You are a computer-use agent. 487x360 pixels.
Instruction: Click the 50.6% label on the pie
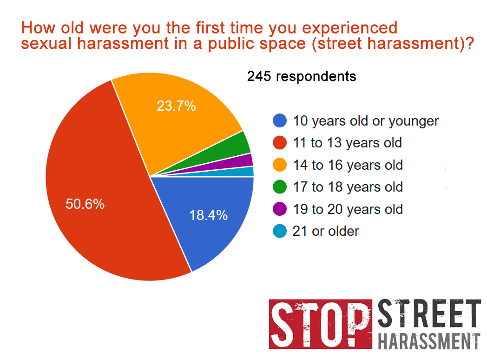[x=85, y=204]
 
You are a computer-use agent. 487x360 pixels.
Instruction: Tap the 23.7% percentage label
[x=176, y=106]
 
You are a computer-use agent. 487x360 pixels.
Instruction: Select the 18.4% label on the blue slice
[x=208, y=215]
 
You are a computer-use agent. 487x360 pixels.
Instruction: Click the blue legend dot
[x=280, y=120]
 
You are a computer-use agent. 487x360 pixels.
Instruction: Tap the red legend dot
[x=280, y=143]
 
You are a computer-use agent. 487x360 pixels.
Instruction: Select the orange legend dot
[x=280, y=165]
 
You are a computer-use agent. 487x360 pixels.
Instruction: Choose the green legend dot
[x=280, y=187]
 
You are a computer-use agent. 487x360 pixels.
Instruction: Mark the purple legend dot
[x=280, y=209]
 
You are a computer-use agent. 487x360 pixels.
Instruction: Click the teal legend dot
[x=280, y=231]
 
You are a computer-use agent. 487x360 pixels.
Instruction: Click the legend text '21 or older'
[x=326, y=231]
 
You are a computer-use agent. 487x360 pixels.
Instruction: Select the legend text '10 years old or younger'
[x=366, y=121]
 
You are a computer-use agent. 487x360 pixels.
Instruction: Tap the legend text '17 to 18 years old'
[x=348, y=187]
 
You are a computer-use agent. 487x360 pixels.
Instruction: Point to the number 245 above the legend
[x=259, y=76]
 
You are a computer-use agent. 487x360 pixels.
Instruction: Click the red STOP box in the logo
[x=321, y=324]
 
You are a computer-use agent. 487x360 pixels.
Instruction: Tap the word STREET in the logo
[x=429, y=313]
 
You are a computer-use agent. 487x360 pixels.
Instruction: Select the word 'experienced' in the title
[x=350, y=28]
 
